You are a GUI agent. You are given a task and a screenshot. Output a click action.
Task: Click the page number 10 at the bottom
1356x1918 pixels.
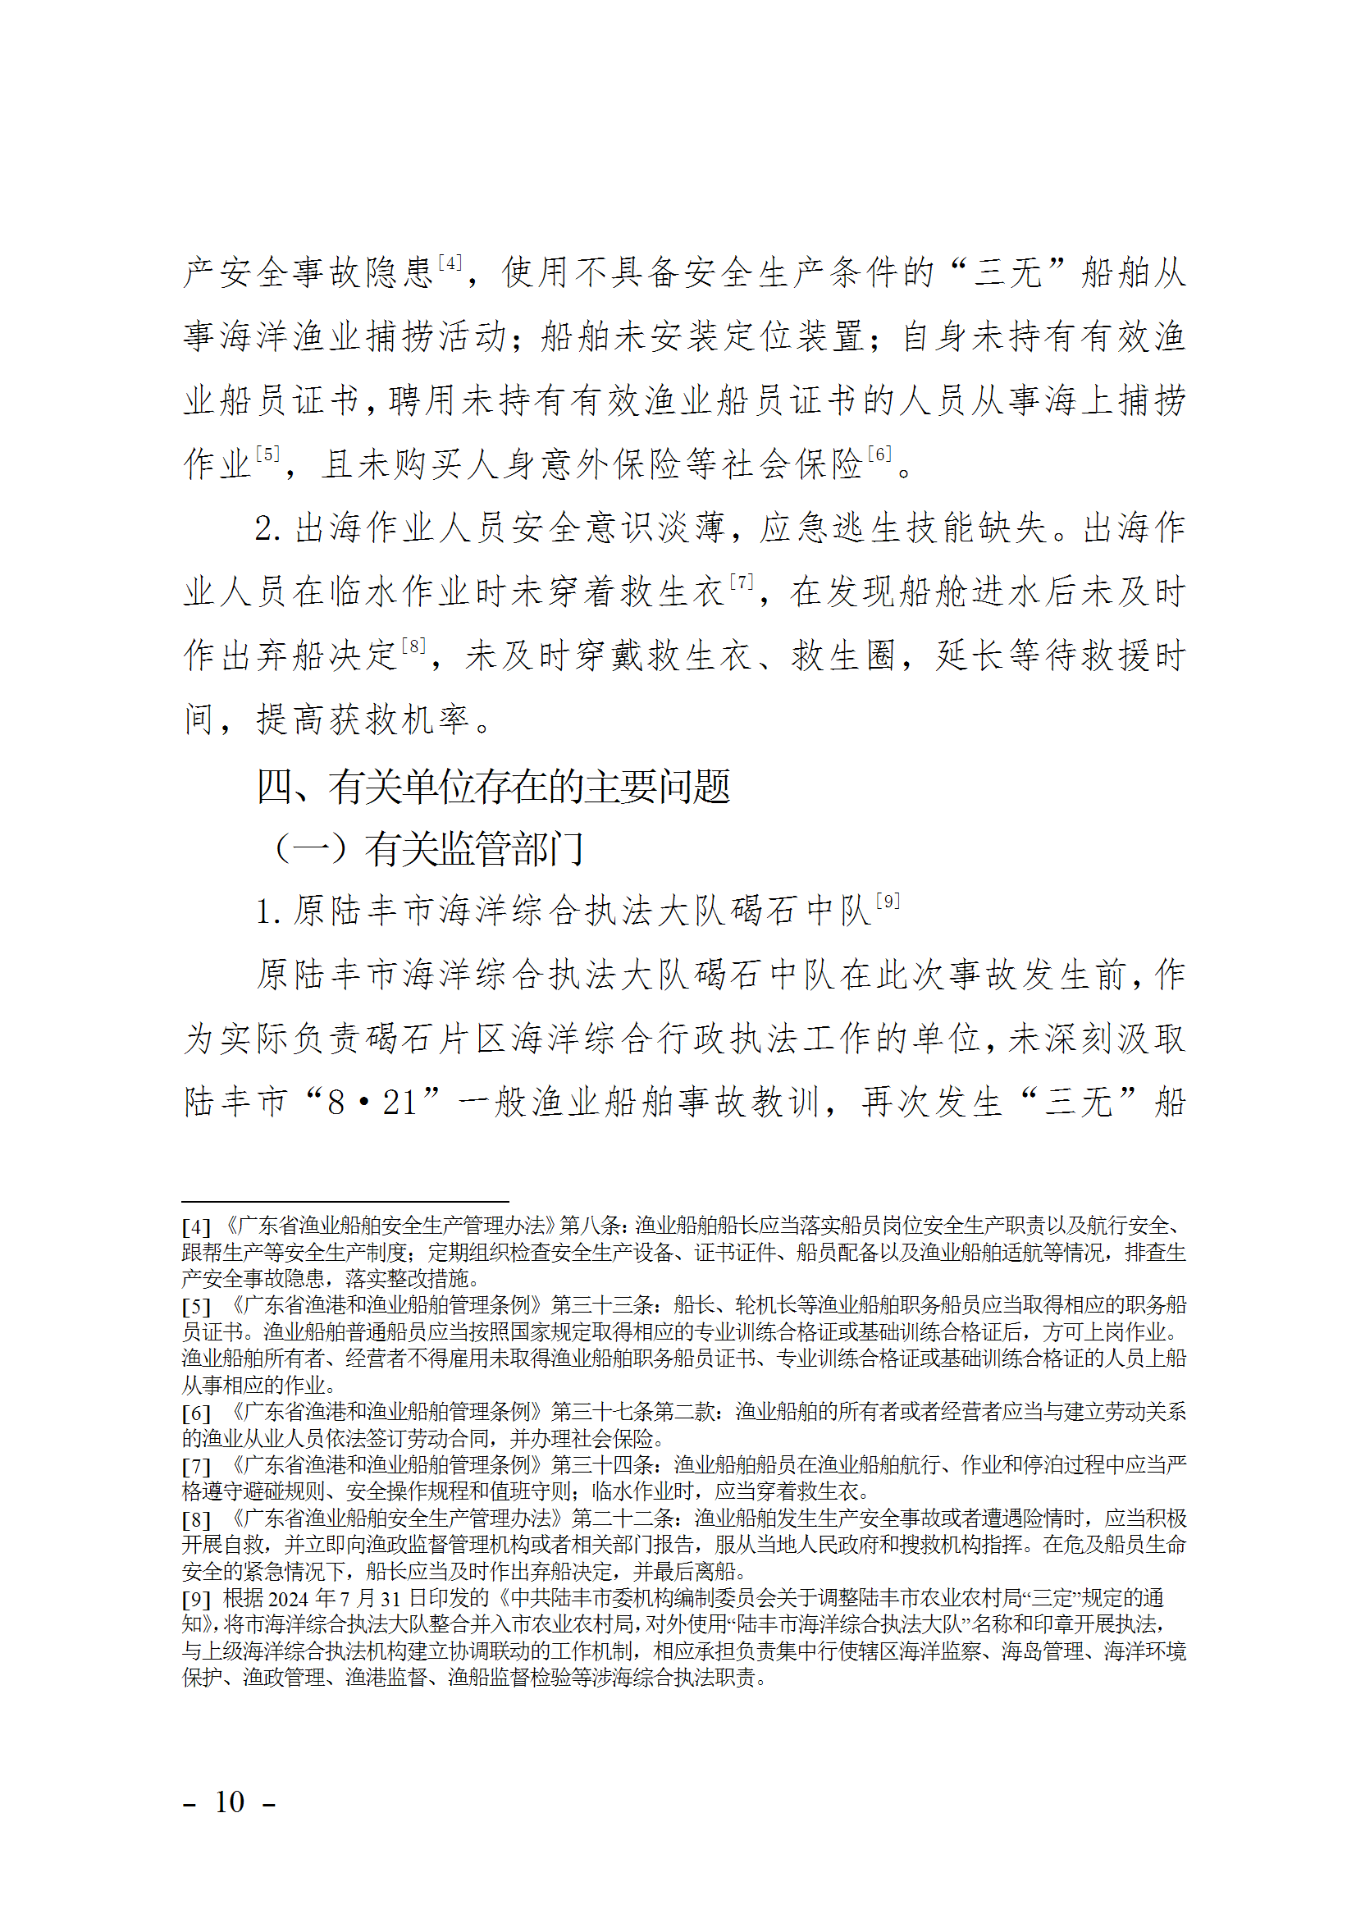(230, 1802)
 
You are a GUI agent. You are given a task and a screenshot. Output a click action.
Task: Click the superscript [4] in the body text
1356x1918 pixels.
(450, 263)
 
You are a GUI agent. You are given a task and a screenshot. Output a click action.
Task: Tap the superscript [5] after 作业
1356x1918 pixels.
(267, 454)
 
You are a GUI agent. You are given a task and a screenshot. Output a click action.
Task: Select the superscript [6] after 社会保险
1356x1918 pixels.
(879, 454)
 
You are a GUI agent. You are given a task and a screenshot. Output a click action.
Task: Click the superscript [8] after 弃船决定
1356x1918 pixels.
(413, 646)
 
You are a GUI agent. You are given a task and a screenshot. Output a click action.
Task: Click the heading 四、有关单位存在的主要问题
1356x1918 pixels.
(494, 786)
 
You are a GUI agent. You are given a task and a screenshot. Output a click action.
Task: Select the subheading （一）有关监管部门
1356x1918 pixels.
(427, 850)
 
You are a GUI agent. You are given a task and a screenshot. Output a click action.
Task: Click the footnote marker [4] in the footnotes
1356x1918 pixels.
(196, 1227)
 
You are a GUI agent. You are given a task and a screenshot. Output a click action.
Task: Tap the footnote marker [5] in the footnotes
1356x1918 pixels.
(196, 1307)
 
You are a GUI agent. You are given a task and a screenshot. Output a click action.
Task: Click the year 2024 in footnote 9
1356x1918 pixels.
(289, 1599)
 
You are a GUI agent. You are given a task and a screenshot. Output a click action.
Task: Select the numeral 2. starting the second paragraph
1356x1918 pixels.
(268, 529)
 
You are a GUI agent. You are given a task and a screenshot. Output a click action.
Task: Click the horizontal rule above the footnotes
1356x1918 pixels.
(345, 1201)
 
